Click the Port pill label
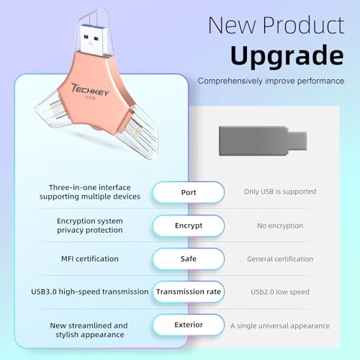188,192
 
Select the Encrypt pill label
188,225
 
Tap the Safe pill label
188,258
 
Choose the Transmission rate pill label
189,292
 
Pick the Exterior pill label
188,325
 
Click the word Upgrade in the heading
287,55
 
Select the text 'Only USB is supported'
280,192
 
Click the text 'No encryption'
280,225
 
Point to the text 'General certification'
280,258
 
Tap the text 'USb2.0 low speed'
280,292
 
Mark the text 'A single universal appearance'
280,325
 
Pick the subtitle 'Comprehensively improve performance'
270,81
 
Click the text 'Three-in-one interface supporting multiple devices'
89,192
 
